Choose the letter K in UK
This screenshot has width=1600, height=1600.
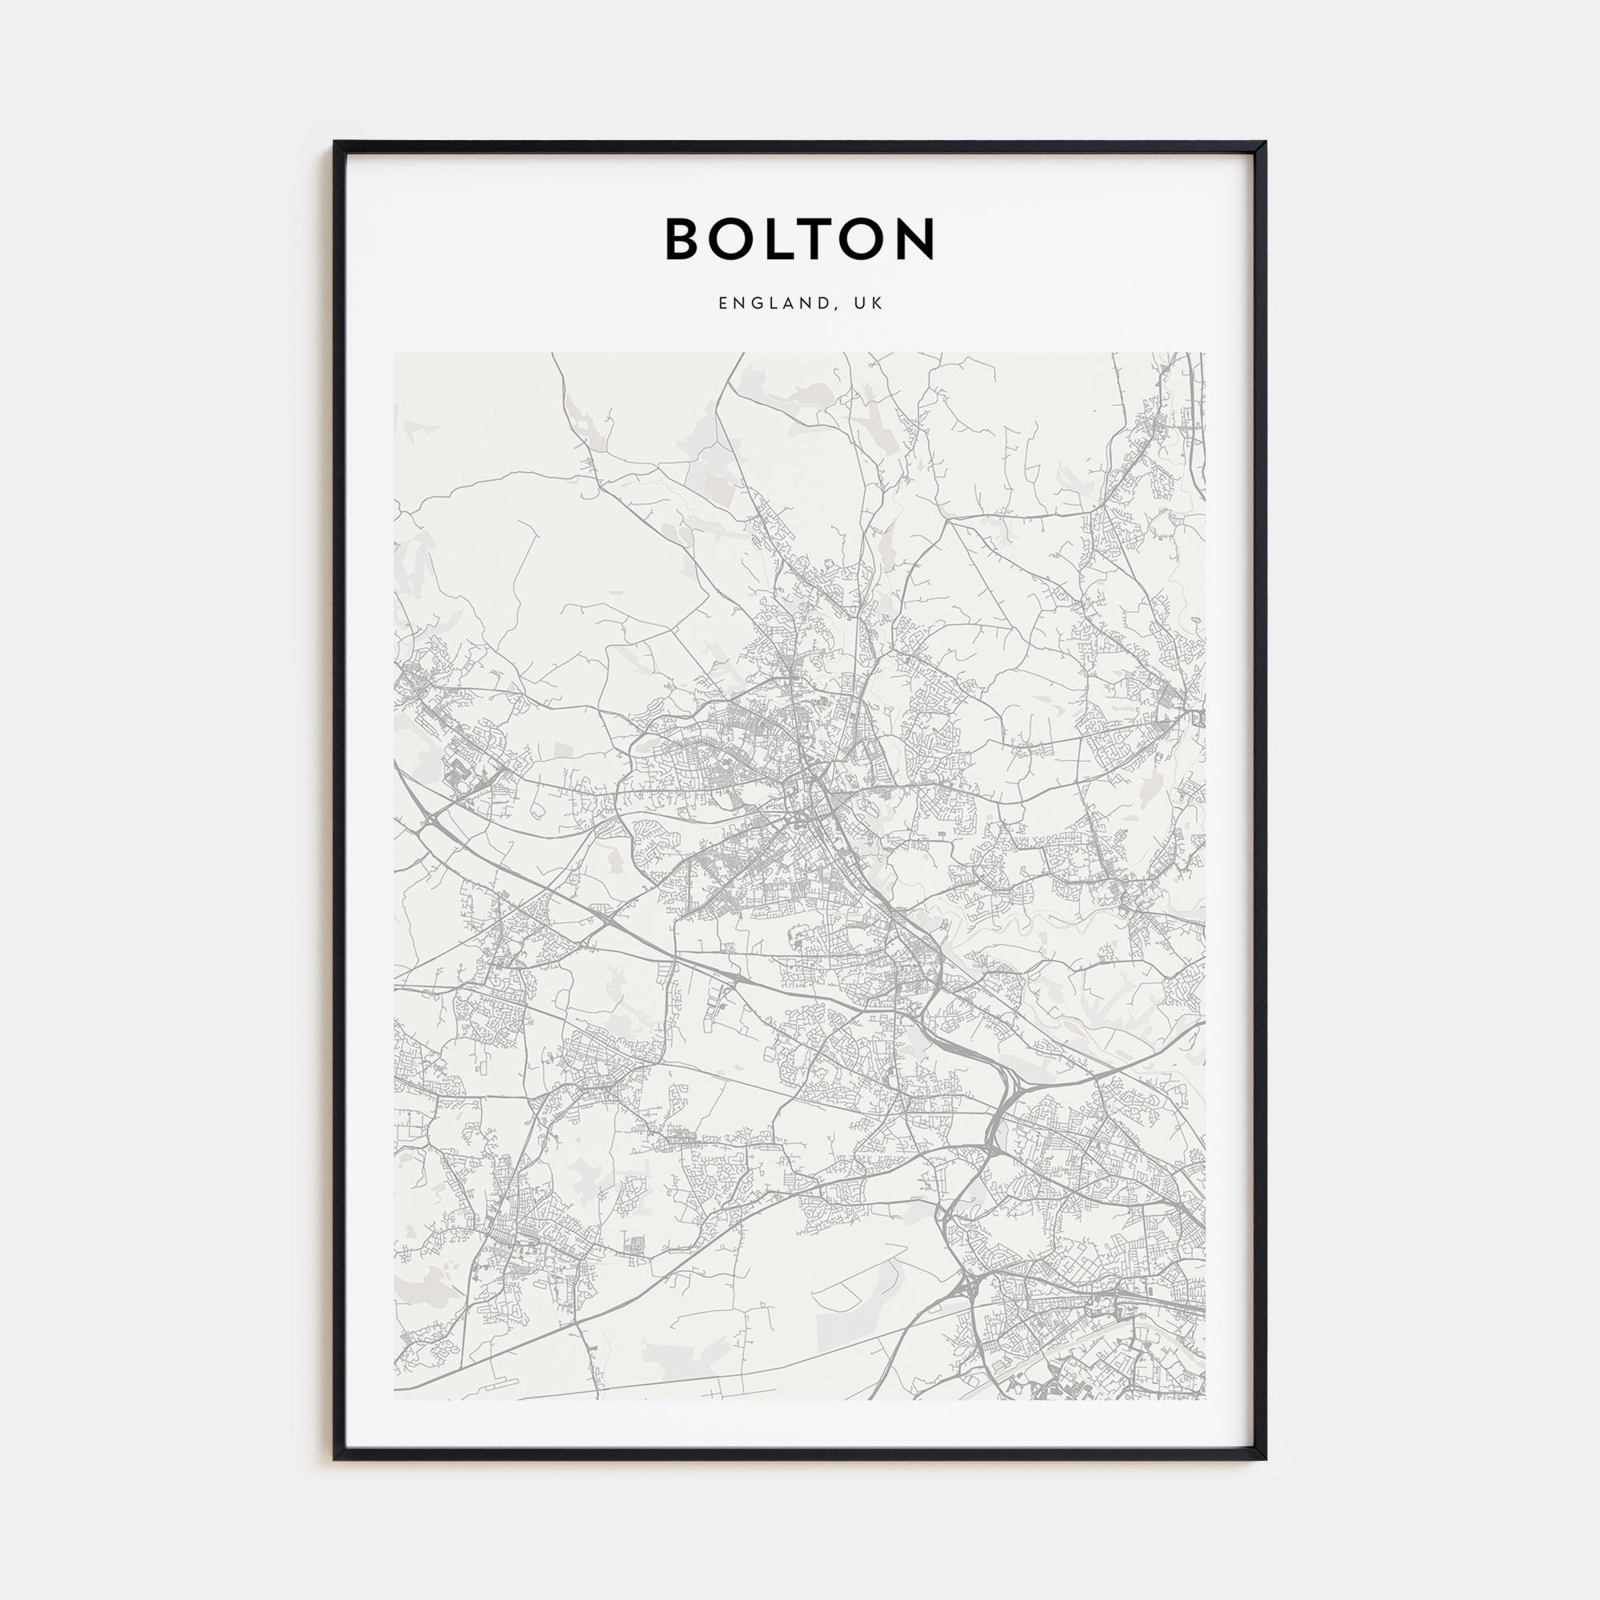[878, 304]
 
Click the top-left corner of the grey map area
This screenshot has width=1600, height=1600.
[395, 354]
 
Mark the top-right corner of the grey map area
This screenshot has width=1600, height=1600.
[1205, 354]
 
